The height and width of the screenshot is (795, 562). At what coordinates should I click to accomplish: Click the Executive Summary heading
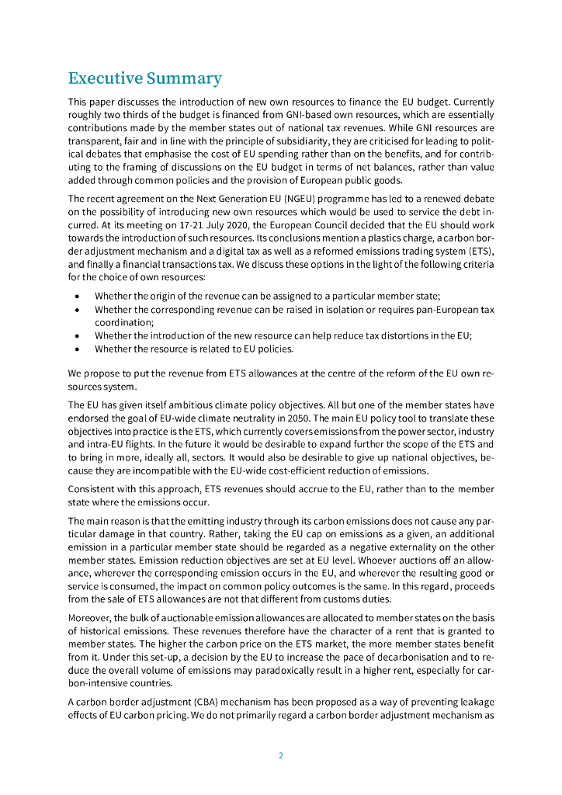[x=144, y=78]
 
